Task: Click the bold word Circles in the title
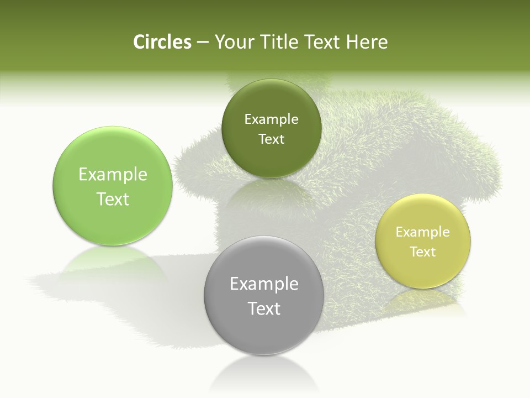162,42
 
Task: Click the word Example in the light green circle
113,175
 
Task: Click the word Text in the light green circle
113,199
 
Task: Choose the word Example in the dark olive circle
271,119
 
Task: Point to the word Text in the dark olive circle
271,139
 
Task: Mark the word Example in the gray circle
264,284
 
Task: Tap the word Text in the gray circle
264,308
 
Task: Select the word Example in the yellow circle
423,232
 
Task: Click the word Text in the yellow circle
423,252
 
